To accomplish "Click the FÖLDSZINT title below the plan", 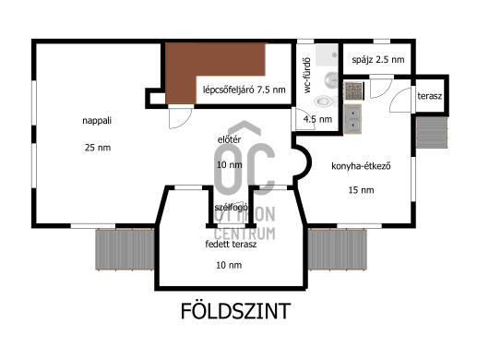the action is click(236, 311).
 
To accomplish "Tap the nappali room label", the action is click(97, 121).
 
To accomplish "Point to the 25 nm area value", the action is click(98, 148).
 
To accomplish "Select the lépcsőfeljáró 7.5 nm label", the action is click(244, 90).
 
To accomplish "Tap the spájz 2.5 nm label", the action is click(378, 60).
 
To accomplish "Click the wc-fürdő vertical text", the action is click(307, 75).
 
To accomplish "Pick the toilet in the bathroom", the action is click(325, 101).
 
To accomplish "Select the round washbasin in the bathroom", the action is click(331, 80).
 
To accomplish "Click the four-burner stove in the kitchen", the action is click(353, 90).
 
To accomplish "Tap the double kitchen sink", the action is click(352, 119).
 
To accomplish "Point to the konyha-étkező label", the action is click(361, 166).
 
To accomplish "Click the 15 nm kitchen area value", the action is click(361, 190).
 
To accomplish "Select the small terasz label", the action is click(430, 96).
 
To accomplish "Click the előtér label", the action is click(229, 139).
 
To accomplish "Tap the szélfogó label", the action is click(231, 208).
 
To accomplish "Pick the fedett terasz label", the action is click(231, 244).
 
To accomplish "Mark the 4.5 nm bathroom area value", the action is click(317, 119).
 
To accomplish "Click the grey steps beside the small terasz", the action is click(432, 132).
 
